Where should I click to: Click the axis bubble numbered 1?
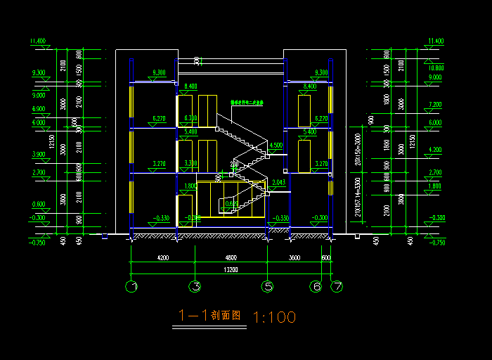point(131,286)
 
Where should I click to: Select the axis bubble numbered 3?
point(196,286)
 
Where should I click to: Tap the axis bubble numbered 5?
point(267,286)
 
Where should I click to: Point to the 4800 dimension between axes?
point(231,257)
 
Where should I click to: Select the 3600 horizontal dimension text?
point(294,257)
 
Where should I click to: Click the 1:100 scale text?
point(273,317)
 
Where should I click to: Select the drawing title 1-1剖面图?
point(210,316)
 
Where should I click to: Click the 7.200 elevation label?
point(436,105)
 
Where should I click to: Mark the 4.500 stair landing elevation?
point(276,146)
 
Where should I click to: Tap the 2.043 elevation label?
point(279,183)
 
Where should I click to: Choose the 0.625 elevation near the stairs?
point(231,204)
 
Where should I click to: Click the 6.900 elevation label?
point(38,109)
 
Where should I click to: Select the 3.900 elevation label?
point(38,154)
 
